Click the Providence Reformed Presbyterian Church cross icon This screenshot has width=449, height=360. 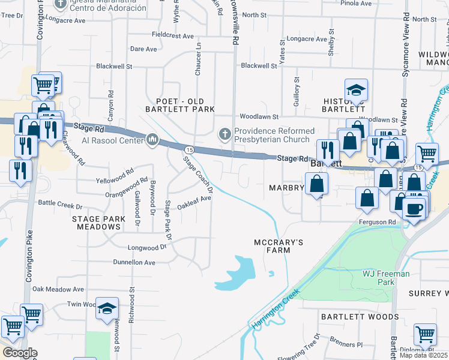(224, 134)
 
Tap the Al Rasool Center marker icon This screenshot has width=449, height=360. (152, 141)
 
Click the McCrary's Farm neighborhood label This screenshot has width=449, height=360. (270, 246)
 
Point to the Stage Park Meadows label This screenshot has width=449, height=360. (97, 223)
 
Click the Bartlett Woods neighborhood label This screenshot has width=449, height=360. (360, 316)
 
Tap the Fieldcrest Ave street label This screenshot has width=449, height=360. (172, 35)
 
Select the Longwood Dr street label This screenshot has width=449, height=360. (146, 247)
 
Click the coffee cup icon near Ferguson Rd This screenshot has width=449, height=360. (414, 209)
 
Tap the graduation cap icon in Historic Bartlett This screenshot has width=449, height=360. (357, 90)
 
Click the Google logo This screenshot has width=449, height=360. (20, 353)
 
